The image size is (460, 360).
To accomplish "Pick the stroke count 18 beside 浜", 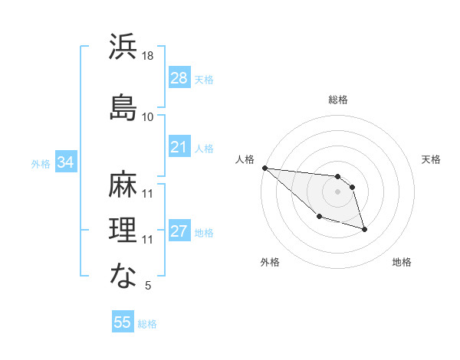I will coord(149,56).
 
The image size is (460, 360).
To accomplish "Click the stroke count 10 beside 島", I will coord(148,117).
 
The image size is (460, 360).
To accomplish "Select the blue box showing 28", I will coord(179,78).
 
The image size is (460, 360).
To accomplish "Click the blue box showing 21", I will coord(179,147).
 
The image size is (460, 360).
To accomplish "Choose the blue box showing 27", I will coord(179,231).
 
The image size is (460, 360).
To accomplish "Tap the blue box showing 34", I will coord(65,162).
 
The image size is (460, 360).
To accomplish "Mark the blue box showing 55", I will coord(122,322).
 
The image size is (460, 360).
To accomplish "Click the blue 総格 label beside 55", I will coord(147,324).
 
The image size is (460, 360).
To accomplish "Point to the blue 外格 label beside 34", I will coord(41,163).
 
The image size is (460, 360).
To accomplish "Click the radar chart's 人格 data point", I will coord(264,168).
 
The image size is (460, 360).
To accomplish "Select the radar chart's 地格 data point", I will coord(364,229).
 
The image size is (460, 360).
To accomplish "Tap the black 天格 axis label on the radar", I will coord(432,159).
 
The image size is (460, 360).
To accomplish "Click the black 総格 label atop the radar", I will coord(338,100).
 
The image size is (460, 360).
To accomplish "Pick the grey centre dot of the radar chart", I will coord(337,191).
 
